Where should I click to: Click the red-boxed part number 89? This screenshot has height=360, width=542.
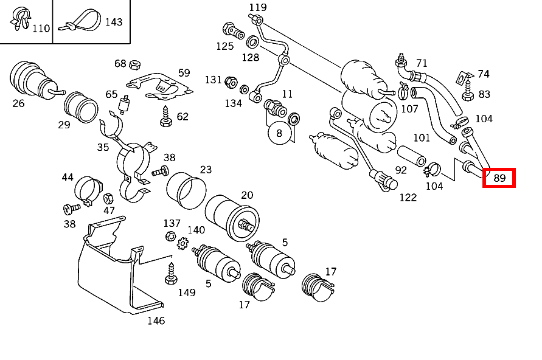(499, 178)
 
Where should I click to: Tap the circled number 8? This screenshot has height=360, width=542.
(279, 133)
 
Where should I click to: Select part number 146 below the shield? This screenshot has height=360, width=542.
(156, 320)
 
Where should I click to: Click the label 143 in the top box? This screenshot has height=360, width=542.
(114, 22)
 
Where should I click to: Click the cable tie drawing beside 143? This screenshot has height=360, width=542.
(78, 22)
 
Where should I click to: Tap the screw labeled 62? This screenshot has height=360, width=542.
(165, 117)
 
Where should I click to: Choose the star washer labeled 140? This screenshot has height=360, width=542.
(182, 243)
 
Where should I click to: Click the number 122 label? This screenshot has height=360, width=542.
(408, 196)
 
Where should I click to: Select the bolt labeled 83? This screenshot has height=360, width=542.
(467, 93)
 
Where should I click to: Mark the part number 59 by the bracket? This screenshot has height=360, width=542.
(184, 73)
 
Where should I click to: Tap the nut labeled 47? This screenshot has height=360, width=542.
(108, 198)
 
